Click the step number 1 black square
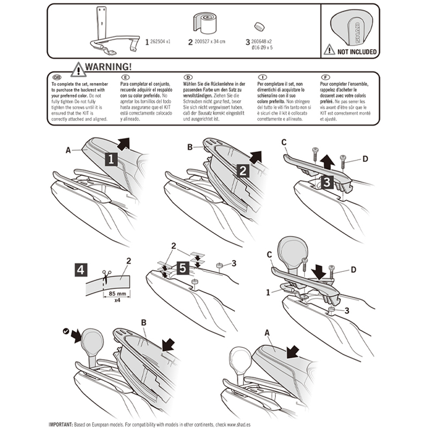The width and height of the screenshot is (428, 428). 111,159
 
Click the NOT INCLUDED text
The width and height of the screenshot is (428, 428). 356,52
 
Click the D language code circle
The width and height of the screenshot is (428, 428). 187,77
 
